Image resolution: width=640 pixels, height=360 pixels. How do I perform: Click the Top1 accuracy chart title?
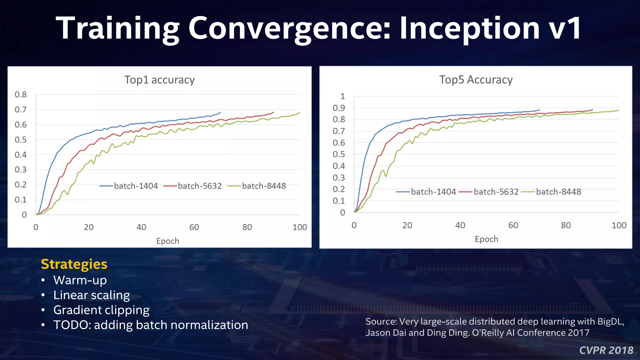159,80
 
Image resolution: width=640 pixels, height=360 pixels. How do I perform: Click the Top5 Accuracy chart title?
476,80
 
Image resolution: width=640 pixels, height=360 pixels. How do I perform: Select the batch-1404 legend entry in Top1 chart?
136,186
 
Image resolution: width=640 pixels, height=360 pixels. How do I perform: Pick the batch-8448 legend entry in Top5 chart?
558,192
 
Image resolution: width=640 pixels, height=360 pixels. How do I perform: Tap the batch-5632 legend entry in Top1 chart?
200,186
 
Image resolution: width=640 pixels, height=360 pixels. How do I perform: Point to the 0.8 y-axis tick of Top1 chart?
21,94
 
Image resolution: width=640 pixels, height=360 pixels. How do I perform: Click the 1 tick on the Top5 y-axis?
342,96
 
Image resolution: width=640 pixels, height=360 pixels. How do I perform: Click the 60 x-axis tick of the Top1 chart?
194,227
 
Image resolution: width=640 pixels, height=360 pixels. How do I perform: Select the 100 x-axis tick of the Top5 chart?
618,225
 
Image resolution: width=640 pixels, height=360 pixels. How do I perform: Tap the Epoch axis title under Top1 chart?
168,241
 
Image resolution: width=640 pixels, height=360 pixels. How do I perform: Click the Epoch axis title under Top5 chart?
486,239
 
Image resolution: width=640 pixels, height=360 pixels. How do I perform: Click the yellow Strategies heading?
74,264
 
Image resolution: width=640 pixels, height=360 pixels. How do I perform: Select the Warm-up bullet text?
80,280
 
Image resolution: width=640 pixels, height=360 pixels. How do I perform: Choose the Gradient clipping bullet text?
101,310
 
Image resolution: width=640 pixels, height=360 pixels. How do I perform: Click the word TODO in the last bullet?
72,325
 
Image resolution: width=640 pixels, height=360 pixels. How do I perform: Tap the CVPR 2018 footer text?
606,350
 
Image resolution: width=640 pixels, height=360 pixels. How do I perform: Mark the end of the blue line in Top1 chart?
221,112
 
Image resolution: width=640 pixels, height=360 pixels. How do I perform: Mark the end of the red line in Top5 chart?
592,110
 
